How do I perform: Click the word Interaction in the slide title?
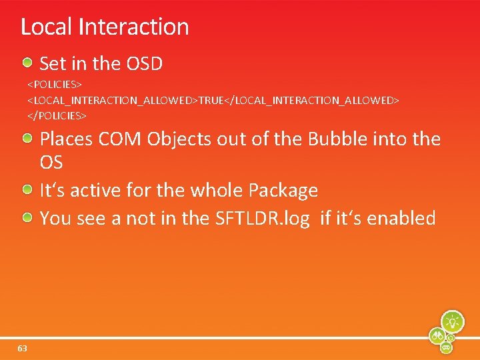pos(133,27)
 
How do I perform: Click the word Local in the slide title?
pos(47,27)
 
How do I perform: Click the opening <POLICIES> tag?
pos(54,85)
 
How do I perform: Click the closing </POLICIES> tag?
pos(57,115)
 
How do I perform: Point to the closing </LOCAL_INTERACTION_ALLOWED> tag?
pos(313,100)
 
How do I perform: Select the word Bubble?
pos(324,139)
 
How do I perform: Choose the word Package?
pos(283,191)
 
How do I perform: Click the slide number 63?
pos(23,349)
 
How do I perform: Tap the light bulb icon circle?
pos(452,321)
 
